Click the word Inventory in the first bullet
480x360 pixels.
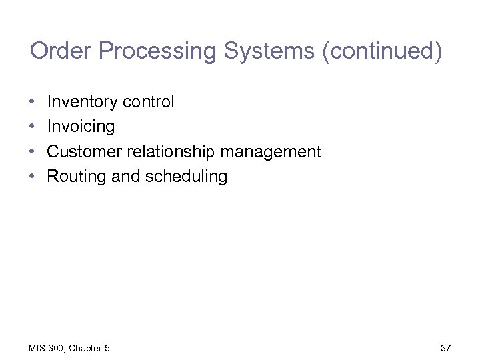(82, 102)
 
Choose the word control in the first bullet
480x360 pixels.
(148, 102)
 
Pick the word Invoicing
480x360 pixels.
(81, 127)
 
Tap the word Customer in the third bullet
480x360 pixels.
(87, 151)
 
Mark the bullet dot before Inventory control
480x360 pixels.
(33, 102)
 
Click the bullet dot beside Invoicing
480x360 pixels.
(33, 127)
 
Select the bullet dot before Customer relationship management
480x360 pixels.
(33, 152)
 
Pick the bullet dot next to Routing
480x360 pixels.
(33, 177)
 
